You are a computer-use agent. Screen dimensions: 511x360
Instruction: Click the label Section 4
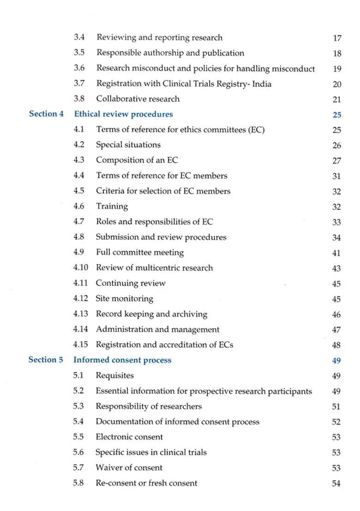pos(46,114)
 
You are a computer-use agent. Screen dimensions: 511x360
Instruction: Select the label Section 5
pos(46,360)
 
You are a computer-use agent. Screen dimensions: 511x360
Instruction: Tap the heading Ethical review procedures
pos(123,114)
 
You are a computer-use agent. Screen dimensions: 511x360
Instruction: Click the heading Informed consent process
pos(122,360)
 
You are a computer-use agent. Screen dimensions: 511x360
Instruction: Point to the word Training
pos(112,206)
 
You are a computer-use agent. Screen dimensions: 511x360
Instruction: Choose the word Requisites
pos(114,375)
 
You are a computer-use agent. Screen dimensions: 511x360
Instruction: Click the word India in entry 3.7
pos(261,83)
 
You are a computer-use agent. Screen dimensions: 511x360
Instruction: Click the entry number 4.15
pos(80,345)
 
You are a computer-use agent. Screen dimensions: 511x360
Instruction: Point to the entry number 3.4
pos(79,37)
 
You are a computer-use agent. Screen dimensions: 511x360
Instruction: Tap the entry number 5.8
pos(78,483)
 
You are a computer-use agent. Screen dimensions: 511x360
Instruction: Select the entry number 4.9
pos(78,252)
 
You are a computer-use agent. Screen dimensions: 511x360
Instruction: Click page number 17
pos(337,38)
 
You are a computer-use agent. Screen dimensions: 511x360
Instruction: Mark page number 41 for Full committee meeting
pos(336,253)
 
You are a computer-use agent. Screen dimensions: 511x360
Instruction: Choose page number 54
pos(336,484)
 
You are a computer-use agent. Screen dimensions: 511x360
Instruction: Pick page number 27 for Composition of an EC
pos(336,161)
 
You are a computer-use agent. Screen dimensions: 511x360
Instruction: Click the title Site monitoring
pos(124,298)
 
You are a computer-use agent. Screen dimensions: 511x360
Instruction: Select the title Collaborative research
pos(138,99)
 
